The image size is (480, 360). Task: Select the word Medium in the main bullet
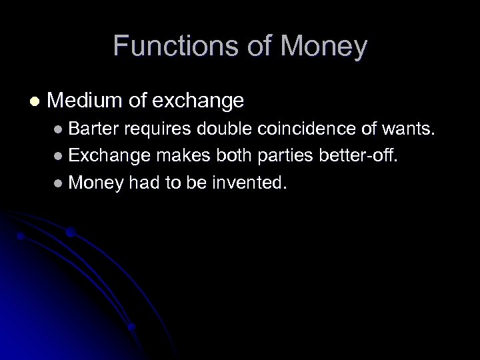coord(85,101)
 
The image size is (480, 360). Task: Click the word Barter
coord(93,130)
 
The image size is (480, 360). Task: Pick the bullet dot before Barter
coord(59,131)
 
